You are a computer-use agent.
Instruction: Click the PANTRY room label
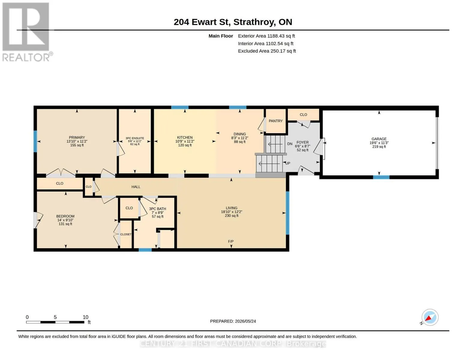275,121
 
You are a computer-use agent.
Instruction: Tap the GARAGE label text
379,139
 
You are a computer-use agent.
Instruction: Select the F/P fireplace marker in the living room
231,241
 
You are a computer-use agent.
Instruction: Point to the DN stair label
290,144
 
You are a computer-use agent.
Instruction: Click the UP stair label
288,163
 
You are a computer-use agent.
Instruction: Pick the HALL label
136,187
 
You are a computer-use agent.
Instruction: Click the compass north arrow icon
430,317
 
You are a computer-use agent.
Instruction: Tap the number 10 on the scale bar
85,317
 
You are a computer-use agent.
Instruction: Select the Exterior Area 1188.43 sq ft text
266,36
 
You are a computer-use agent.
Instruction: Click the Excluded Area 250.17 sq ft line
267,51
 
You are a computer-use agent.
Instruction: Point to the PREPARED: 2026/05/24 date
233,321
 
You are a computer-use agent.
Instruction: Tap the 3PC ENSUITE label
135,138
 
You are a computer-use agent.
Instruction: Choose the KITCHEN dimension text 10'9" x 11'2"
185,141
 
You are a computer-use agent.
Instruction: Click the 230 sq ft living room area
232,216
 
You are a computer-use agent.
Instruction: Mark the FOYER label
302,142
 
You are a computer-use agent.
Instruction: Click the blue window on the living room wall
287,213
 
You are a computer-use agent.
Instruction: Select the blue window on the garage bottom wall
381,177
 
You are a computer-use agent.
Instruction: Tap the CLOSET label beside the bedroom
126,234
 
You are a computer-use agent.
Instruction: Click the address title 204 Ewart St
202,22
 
